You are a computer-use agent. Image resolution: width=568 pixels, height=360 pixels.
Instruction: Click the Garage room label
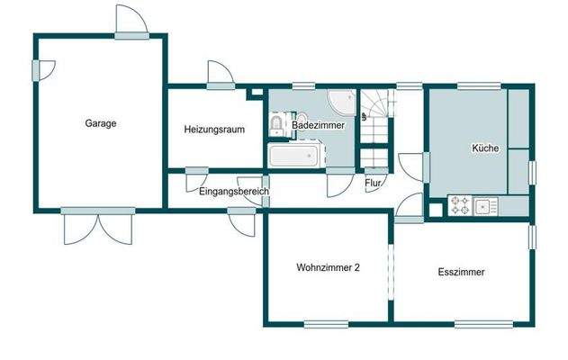tap(101, 123)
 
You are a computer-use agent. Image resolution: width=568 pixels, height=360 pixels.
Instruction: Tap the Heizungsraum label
tap(215, 129)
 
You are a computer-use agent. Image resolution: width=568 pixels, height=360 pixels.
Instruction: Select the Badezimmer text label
tap(318, 126)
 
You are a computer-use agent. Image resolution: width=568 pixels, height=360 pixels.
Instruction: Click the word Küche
tap(484, 148)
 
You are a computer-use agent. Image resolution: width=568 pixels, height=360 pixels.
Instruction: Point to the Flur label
tap(373, 184)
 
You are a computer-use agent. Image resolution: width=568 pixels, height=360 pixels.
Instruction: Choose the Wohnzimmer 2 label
tap(329, 267)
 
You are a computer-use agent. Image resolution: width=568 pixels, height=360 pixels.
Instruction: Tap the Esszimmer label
tap(462, 271)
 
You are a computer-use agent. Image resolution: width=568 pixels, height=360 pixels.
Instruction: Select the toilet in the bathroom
tap(278, 124)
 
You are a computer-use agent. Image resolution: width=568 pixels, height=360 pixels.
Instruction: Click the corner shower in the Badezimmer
tap(340, 100)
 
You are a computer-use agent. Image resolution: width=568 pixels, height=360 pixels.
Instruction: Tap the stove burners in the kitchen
tap(460, 206)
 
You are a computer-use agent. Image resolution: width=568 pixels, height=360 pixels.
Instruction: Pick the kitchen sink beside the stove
tap(487, 206)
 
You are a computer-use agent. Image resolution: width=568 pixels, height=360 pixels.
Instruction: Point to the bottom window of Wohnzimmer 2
tap(325, 324)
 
